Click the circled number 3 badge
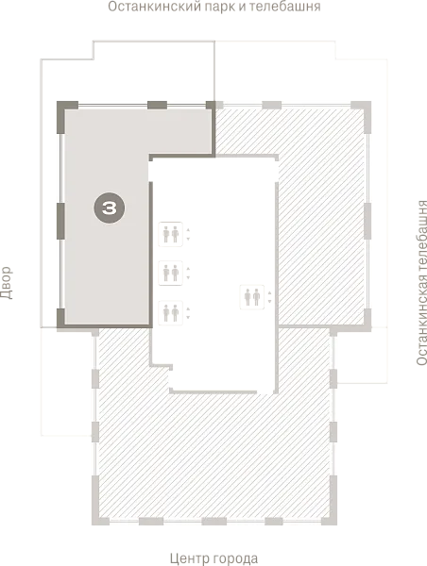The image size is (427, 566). click(110, 208)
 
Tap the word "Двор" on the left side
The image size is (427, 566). click(7, 283)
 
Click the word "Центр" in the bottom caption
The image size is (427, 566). click(190, 558)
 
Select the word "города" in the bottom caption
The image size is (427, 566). click(236, 559)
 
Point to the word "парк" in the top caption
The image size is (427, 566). click(226, 7)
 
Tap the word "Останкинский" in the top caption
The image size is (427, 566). click(158, 7)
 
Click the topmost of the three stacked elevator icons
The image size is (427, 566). click(171, 234)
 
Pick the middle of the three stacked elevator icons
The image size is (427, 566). click(171, 273)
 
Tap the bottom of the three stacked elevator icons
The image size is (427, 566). click(171, 312)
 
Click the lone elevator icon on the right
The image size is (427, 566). click(252, 297)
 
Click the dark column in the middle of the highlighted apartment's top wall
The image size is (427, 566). click(157, 105)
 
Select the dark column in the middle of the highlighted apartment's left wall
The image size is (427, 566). click(60, 221)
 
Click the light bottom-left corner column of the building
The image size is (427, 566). click(97, 506)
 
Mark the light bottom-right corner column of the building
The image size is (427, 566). click(332, 506)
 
